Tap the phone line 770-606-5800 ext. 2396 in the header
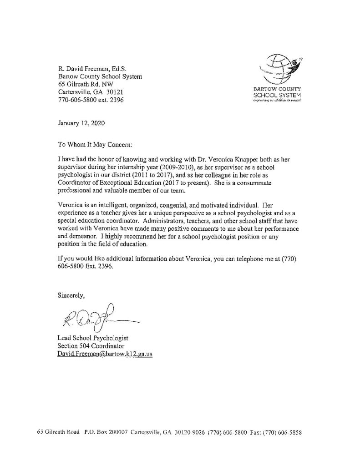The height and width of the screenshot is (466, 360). click(x=91, y=99)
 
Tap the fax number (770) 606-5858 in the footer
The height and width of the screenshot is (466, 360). click(x=284, y=432)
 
